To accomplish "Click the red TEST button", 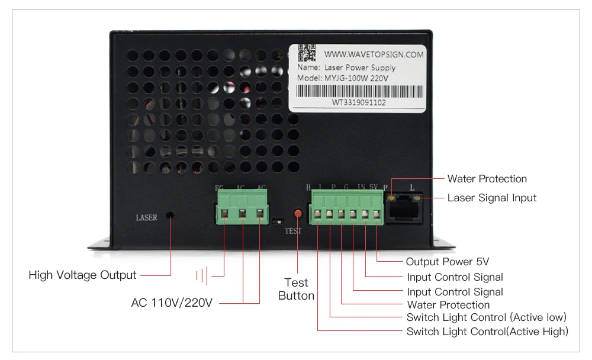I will click(x=298, y=213).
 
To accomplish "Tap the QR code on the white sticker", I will click(x=307, y=53).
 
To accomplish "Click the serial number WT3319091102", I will click(x=359, y=102).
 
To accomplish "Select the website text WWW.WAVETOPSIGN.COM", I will click(x=374, y=54).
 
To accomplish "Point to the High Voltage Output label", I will click(x=82, y=275).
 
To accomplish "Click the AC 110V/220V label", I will click(x=172, y=303).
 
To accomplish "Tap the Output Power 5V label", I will click(x=448, y=262).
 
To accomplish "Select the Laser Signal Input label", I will click(x=492, y=198).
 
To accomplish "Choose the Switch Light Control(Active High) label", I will click(x=487, y=332).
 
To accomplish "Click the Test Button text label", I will click(x=296, y=289).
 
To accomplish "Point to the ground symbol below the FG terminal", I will click(x=204, y=275).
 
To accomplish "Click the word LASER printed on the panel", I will click(x=146, y=218).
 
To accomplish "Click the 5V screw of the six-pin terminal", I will click(x=376, y=214).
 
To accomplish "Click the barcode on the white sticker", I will click(x=359, y=91).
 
